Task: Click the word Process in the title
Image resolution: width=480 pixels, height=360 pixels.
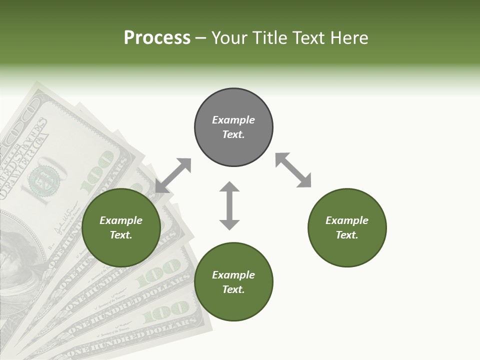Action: click(x=157, y=38)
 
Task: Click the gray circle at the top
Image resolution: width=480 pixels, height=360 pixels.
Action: click(x=233, y=127)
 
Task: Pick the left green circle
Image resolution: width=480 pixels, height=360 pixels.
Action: click(x=121, y=228)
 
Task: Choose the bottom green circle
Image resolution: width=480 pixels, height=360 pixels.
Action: click(x=233, y=282)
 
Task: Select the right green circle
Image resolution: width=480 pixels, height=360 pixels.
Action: click(x=347, y=228)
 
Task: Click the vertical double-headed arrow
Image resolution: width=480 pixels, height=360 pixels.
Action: click(x=229, y=205)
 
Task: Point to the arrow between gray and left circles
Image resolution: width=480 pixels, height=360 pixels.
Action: click(x=173, y=175)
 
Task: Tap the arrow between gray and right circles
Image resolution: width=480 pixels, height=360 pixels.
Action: click(x=293, y=170)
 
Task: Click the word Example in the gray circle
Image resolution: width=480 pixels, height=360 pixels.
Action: click(x=233, y=120)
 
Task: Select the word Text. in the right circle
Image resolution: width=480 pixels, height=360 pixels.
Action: click(x=347, y=235)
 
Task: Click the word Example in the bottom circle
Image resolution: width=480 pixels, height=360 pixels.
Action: click(x=233, y=275)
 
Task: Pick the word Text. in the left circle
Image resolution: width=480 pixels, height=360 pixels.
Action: click(x=121, y=235)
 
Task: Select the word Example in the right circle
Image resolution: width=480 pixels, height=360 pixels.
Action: click(x=347, y=220)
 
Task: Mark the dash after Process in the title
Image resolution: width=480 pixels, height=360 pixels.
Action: click(x=201, y=38)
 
